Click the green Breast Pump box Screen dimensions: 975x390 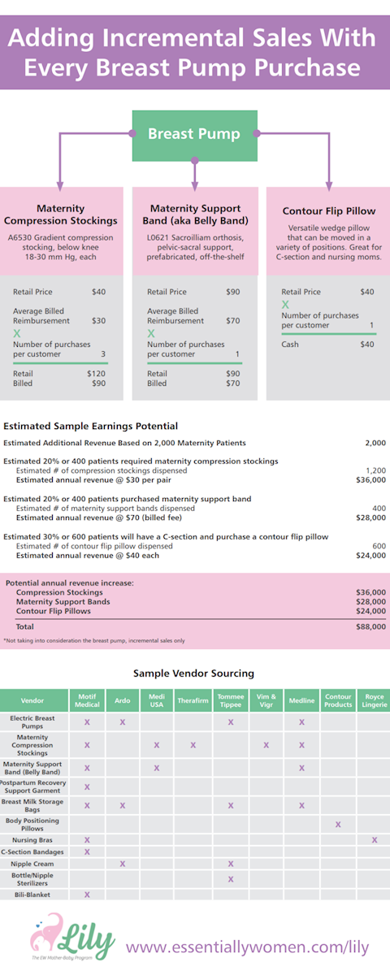[194, 134]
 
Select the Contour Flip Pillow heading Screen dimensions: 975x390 [329, 210]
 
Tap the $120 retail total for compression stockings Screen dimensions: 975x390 [96, 373]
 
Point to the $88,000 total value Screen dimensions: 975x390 [371, 626]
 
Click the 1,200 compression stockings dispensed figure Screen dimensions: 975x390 [375, 470]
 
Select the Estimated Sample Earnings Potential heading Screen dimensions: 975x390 [90, 426]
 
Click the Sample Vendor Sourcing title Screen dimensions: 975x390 [194, 673]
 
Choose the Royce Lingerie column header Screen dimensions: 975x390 [375, 700]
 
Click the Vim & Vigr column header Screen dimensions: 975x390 [266, 700]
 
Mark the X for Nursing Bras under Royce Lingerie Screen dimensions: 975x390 [375, 839]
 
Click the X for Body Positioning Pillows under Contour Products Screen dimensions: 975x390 [338, 825]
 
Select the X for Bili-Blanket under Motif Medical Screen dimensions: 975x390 [87, 895]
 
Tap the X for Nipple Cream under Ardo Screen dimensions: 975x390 [123, 864]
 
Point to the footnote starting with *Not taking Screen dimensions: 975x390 [93, 640]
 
